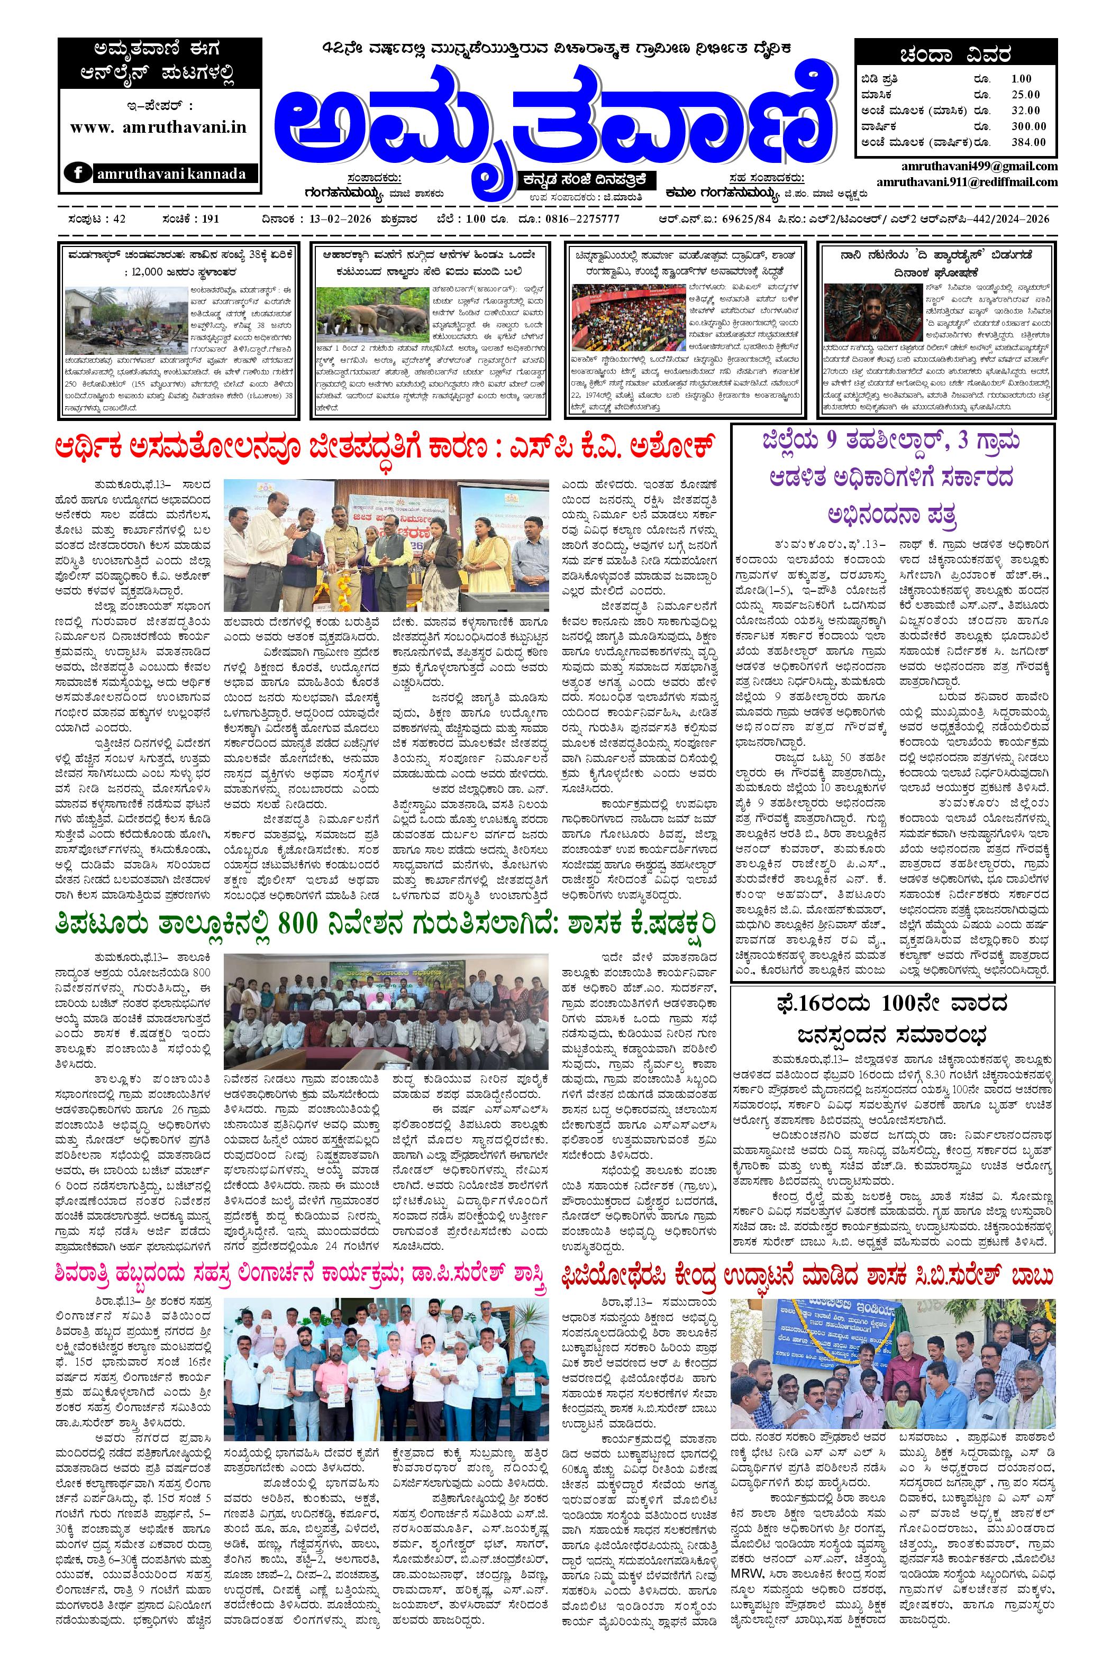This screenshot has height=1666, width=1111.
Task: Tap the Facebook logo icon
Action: click(77, 173)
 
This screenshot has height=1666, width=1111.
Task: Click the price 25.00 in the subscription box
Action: click(1025, 95)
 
